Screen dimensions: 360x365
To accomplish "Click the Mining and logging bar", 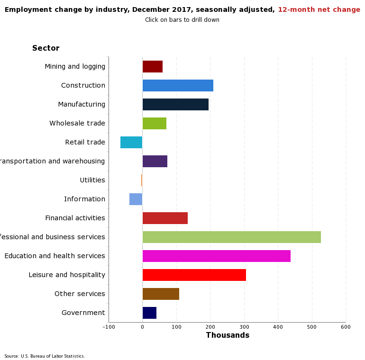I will pyautogui.click(x=153, y=66).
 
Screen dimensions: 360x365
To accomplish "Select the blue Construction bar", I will pyautogui.click(x=178, y=85).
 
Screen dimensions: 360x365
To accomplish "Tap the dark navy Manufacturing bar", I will pyautogui.click(x=175, y=104).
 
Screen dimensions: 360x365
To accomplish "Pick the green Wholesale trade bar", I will pyautogui.click(x=155, y=123).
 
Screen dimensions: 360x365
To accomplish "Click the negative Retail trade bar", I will pyautogui.click(x=131, y=142).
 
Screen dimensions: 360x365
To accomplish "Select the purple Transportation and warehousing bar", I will pyautogui.click(x=155, y=161).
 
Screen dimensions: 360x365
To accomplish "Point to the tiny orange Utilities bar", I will pyautogui.click(x=142, y=180).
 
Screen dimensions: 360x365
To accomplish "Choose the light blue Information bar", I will pyautogui.click(x=136, y=199).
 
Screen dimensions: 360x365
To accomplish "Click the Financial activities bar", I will pyautogui.click(x=165, y=218).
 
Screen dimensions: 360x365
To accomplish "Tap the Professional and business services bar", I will pyautogui.click(x=231, y=237).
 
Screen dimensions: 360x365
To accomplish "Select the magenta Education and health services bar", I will pyautogui.click(x=216, y=256).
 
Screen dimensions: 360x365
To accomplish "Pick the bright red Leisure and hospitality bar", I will pyautogui.click(x=194, y=275).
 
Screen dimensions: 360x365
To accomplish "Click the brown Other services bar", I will pyautogui.click(x=161, y=294).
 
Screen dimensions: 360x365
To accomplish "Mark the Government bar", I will pyautogui.click(x=149, y=313).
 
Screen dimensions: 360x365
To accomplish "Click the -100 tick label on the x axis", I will pyautogui.click(x=109, y=327).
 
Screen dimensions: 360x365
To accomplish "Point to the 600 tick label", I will pyautogui.click(x=346, y=327).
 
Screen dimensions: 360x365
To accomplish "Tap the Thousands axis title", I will pyautogui.click(x=228, y=335).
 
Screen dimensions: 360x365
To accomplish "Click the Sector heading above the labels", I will pyautogui.click(x=46, y=48).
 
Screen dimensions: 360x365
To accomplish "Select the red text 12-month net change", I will pyautogui.click(x=319, y=10).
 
